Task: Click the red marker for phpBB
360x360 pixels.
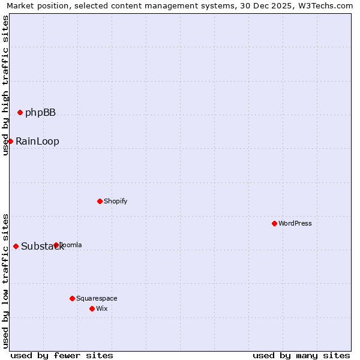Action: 20,112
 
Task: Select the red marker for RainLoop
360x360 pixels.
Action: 10,141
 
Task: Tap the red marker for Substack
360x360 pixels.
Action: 16,246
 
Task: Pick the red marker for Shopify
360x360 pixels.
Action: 100,201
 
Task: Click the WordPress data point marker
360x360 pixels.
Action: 274,223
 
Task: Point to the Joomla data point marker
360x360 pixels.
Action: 56,245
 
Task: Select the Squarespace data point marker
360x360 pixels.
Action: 72,298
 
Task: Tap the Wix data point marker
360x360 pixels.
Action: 92,308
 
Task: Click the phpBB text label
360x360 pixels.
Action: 40,113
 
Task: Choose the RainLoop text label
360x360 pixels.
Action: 37,142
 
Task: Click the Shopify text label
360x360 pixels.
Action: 115,202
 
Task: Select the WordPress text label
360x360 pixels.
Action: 295,224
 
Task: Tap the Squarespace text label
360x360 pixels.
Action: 97,299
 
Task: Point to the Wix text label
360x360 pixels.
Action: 101,309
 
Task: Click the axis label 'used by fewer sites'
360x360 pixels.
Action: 62,355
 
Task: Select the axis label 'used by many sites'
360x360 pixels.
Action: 301,355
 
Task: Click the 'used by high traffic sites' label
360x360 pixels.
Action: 5,85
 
